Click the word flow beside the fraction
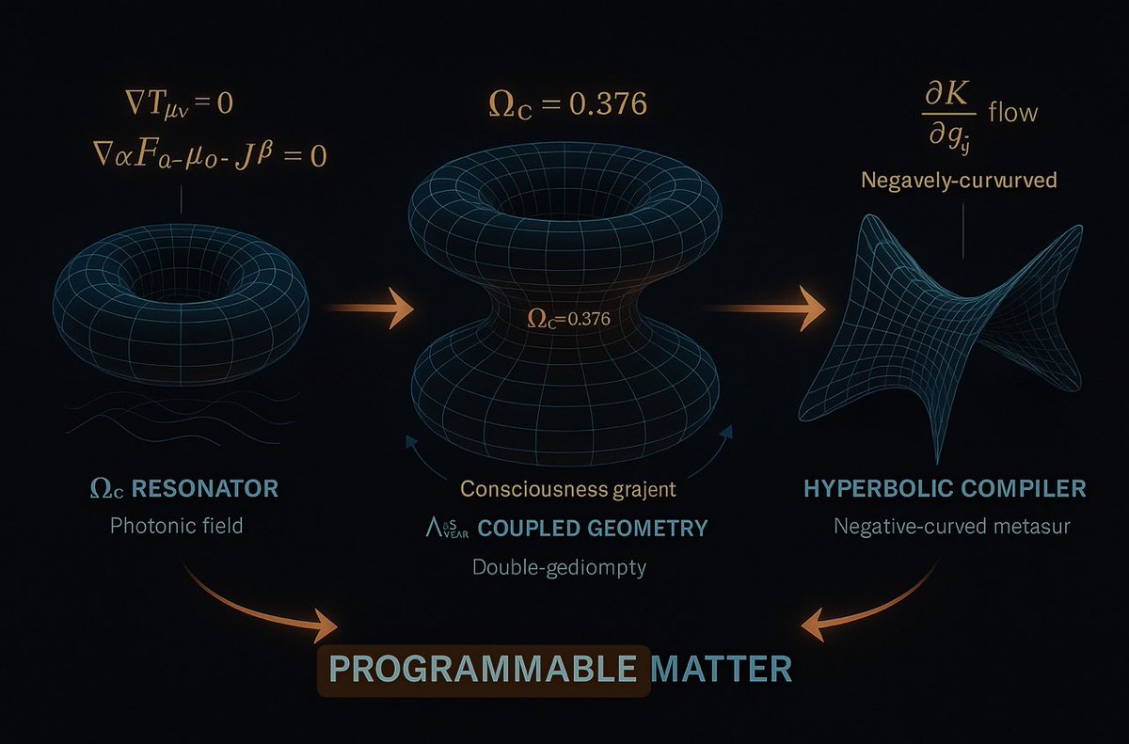pyautogui.click(x=1012, y=113)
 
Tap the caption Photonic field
pyautogui.click(x=177, y=525)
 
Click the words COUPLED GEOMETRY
pyautogui.click(x=593, y=528)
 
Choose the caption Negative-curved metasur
pyautogui.click(x=950, y=526)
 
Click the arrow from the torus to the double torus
pyautogui.click(x=370, y=308)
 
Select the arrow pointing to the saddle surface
pyautogui.click(x=771, y=309)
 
